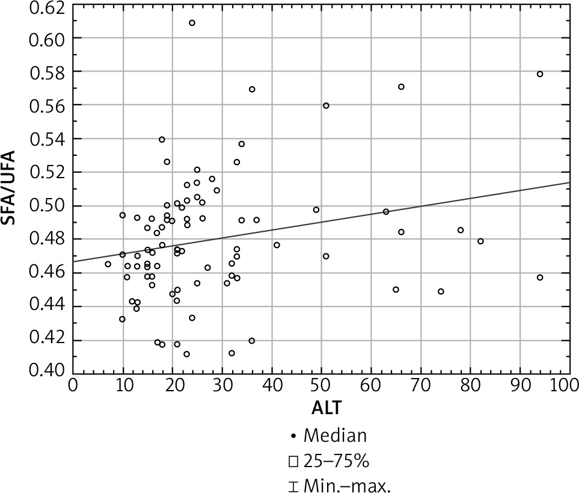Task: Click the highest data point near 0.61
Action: [192, 23]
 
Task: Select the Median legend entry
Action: [328, 434]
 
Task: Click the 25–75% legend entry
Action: [328, 462]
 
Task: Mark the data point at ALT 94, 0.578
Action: [540, 74]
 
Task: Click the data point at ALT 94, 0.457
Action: [540, 278]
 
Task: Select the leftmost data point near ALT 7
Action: [108, 264]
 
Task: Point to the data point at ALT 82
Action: [480, 241]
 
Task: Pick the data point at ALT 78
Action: [461, 230]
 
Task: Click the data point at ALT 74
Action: [441, 291]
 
